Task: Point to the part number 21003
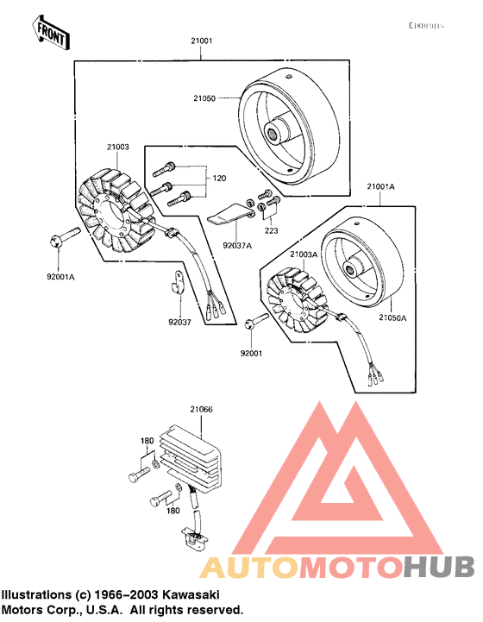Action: coord(117,148)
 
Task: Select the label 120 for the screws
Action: coord(219,178)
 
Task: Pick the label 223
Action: coord(273,231)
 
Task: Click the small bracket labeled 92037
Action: coord(178,281)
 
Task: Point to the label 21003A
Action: coord(304,254)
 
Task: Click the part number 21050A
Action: coord(392,318)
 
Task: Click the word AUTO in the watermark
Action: coord(249,566)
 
